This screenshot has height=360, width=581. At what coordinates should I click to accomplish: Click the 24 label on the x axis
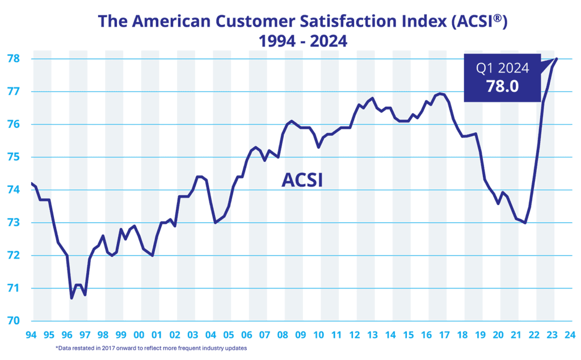coord(570,334)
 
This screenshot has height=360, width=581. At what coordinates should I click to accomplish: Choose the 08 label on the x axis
coord(283,334)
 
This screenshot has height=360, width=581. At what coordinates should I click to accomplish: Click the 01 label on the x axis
coord(157,334)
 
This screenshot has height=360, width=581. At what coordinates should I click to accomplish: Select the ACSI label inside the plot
coord(302,181)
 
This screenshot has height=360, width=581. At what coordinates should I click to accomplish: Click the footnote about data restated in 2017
coord(151,348)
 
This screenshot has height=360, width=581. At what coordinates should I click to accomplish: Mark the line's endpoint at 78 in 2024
coord(557,58)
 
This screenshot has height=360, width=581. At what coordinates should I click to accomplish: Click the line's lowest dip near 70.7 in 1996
coord(71,298)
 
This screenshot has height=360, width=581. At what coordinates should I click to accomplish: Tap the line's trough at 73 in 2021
coord(525,223)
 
